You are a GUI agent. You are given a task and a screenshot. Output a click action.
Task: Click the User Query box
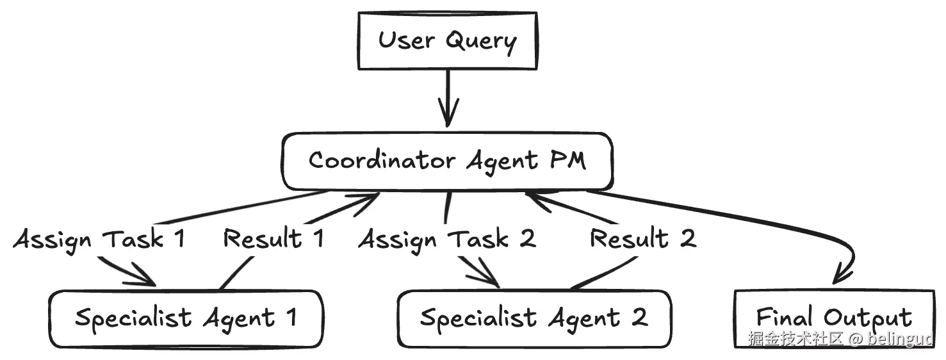pos(448,41)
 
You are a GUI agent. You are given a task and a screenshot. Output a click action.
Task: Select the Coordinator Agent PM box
pos(447,161)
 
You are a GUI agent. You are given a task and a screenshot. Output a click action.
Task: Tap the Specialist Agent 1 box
pos(186,319)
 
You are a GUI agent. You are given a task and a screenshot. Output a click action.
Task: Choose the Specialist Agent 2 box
pos(534,319)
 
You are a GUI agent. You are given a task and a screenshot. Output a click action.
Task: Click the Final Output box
pos(835,319)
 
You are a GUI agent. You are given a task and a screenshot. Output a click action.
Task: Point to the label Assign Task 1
pos(99,240)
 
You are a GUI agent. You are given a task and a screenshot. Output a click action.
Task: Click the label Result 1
pos(273,238)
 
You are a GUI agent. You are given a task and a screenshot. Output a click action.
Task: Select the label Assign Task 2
pos(447,240)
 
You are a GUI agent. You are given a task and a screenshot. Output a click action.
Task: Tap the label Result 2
pos(643,238)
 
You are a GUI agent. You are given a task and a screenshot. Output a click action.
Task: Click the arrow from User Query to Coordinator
pos(448,98)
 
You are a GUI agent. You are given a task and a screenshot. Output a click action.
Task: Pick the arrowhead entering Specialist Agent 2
pos(485,275)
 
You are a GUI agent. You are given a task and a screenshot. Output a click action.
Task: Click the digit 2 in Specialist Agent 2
pos(639,317)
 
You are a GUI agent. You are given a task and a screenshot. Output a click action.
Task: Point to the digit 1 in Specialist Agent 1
pos(291,317)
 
